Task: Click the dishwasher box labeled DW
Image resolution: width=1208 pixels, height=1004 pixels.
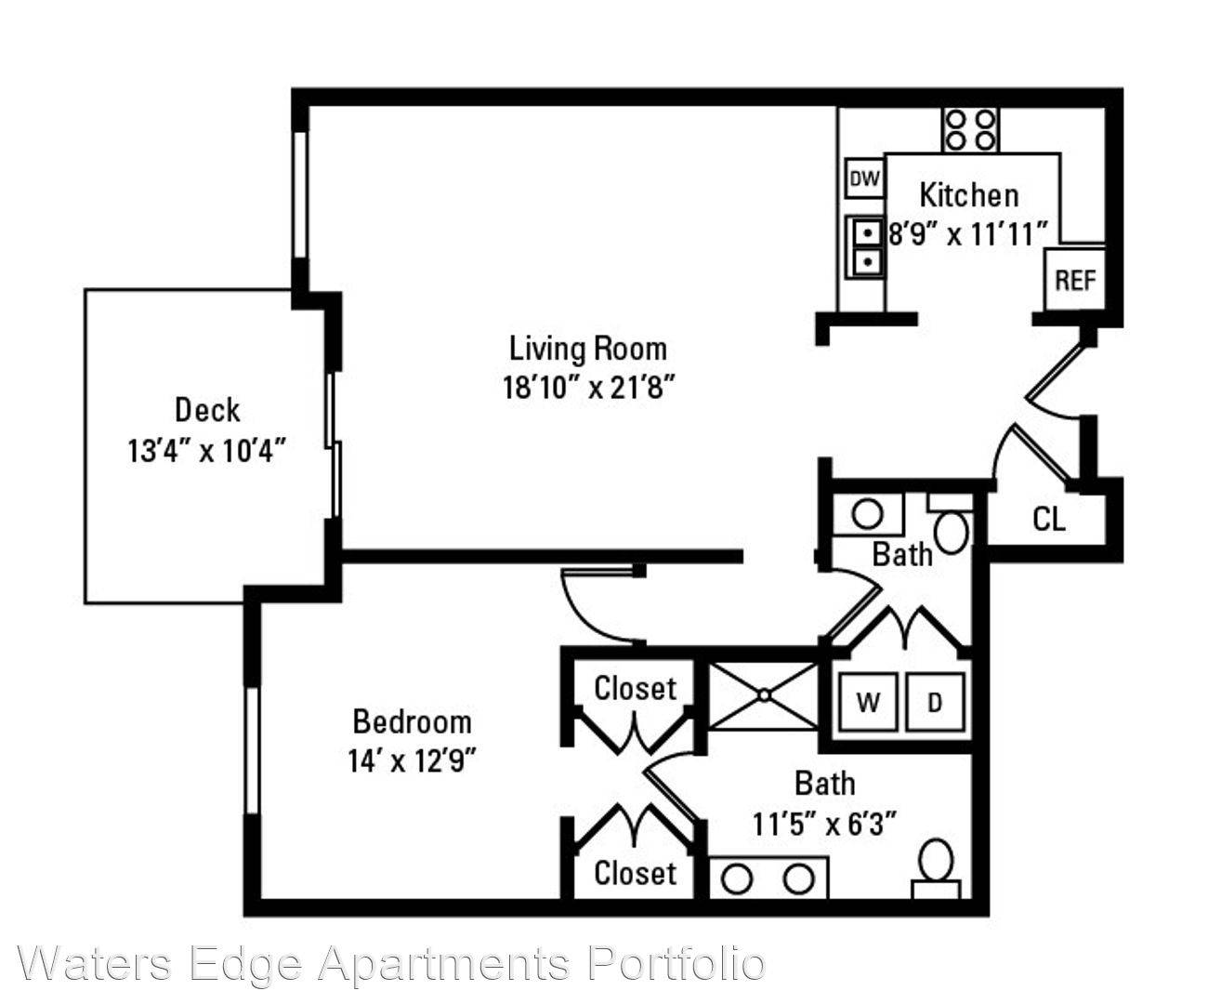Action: (864, 178)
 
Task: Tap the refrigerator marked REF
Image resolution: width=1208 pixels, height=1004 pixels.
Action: (1075, 280)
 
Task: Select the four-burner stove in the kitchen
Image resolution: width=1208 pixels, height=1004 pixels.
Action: (970, 129)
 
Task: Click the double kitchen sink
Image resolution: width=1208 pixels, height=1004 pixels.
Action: (865, 247)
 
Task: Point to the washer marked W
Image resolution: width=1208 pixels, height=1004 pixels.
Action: (869, 703)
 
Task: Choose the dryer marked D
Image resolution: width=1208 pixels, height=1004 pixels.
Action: (935, 703)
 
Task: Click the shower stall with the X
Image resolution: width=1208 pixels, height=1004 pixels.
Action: (764, 695)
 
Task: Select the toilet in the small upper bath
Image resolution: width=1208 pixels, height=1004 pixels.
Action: (951, 524)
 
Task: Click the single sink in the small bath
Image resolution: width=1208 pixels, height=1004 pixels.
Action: (868, 514)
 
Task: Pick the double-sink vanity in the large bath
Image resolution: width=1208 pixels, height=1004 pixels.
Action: (768, 878)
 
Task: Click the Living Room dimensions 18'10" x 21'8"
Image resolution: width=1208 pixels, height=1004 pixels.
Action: (589, 388)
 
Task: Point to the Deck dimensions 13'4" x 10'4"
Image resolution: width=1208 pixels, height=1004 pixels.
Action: (207, 451)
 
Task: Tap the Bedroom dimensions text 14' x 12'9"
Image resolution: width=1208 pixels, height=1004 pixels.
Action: (412, 761)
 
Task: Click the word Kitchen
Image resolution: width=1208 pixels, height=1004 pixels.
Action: (969, 195)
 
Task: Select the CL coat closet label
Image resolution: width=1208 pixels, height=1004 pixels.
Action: (1049, 520)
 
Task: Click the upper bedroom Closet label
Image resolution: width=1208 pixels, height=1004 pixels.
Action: (636, 689)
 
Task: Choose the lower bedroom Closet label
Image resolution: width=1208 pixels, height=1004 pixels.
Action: (636, 873)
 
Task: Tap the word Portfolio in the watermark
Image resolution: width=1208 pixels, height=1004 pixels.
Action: (676, 963)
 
